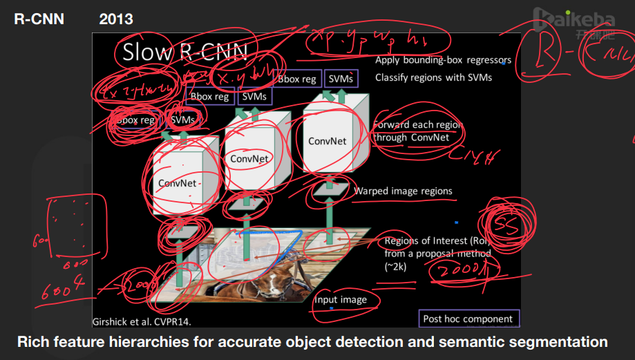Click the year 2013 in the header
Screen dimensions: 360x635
(116, 19)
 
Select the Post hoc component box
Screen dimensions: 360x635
(468, 319)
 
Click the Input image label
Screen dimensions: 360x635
(340, 300)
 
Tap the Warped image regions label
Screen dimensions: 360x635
(403, 191)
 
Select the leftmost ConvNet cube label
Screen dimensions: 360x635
(177, 183)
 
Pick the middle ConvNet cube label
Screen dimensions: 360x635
(249, 158)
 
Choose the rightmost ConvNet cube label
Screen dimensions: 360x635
(327, 141)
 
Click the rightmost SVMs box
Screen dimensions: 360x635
(341, 79)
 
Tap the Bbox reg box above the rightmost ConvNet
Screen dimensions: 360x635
(297, 79)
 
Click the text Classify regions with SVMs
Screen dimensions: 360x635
(433, 77)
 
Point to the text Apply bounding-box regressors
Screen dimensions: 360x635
(443, 60)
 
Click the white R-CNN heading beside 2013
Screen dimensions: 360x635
(39, 19)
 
